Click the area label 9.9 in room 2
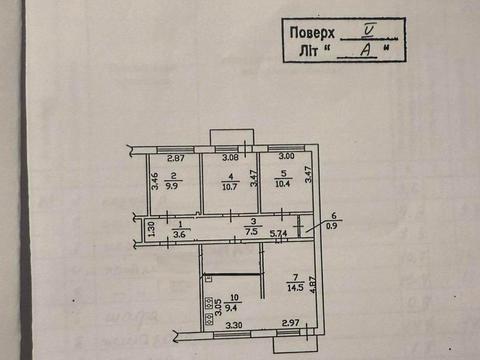click(x=173, y=186)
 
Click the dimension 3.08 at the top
click(x=229, y=158)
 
